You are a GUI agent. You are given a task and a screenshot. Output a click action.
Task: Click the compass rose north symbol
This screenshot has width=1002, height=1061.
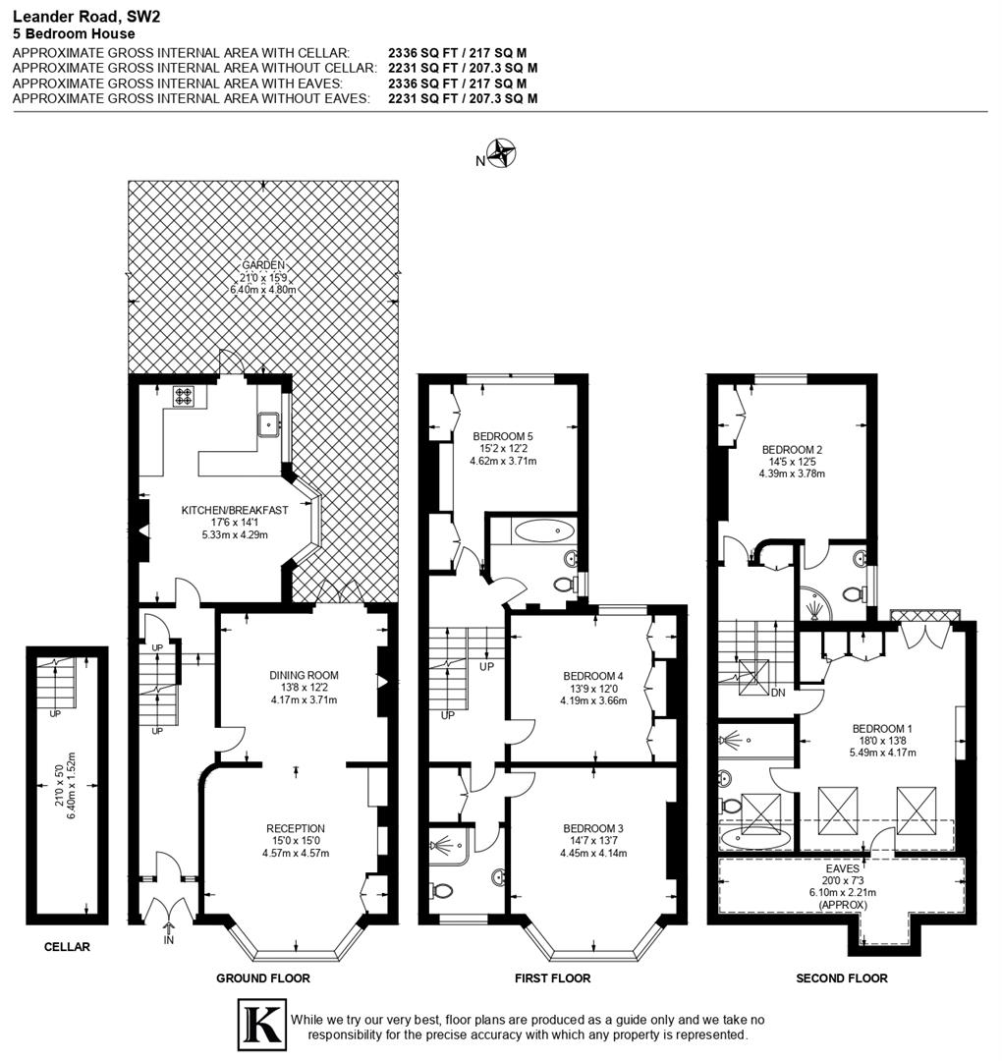pos(503,153)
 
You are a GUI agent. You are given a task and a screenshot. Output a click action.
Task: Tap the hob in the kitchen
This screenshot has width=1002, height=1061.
pos(185,396)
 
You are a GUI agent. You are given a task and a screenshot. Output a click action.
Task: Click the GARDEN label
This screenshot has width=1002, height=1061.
pos(262,264)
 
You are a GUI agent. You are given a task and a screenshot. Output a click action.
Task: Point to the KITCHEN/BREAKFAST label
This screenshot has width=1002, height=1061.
pos(234,510)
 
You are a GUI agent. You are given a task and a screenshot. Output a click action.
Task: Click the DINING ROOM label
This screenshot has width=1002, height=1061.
pos(304,675)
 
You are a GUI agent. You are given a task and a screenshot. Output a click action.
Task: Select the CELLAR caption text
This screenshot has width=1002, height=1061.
pos(67,947)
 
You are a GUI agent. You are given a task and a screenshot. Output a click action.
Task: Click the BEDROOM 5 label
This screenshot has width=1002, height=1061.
pos(502,436)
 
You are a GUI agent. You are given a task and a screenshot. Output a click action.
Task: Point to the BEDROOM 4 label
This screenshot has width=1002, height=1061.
pos(592,676)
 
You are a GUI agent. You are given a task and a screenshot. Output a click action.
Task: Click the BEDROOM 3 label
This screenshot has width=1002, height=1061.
pos(592,828)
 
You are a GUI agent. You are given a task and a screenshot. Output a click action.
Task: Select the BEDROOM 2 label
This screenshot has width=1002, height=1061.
pos(792,450)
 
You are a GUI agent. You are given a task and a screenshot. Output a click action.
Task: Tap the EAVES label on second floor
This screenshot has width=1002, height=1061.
pos(842,868)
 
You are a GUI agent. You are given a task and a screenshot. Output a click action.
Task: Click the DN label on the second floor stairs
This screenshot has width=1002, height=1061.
pos(778,693)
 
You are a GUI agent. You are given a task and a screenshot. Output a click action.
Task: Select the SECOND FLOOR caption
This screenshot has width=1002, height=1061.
pos(841,977)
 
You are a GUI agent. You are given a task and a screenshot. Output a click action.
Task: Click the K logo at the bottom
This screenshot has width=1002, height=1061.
pos(261,1025)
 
